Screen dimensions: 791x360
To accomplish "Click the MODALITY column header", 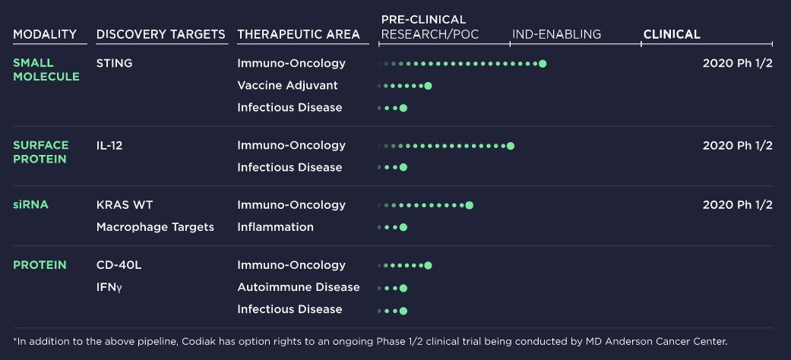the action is (45, 34).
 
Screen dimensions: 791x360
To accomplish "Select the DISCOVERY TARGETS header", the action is (161, 34).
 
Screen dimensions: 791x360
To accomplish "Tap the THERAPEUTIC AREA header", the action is (299, 34).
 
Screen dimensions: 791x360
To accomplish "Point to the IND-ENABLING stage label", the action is (556, 34).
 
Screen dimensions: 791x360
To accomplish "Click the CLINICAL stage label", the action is (672, 34).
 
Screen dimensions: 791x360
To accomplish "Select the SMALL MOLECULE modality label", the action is (46, 70).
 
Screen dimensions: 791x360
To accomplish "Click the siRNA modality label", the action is (30, 205).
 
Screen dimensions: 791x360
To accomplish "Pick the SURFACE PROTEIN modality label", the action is (41, 152).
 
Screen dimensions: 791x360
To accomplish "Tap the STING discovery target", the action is (115, 64).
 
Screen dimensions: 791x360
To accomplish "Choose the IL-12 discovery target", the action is (109, 146).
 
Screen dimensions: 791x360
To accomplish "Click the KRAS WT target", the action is (125, 205).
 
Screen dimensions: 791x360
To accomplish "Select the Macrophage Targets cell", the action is (155, 227).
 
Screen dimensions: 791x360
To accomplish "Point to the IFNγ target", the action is (109, 287).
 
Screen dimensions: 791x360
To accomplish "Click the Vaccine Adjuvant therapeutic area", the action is (287, 86).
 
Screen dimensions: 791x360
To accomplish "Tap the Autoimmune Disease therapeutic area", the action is (299, 287).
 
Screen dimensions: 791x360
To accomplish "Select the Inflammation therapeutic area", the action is (275, 227).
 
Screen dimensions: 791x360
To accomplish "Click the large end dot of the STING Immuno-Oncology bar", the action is (543, 64).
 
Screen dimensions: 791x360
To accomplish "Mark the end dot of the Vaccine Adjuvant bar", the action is (429, 86).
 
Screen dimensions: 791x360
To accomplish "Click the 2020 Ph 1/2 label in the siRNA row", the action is (738, 205).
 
